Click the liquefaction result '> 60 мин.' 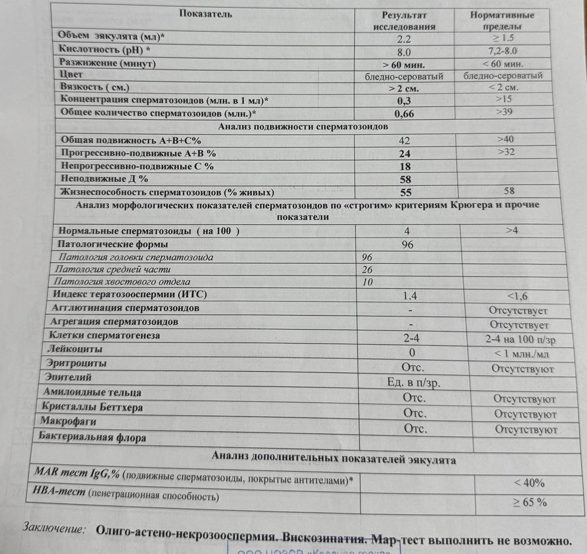[x=403, y=64]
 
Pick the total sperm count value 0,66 [x=404, y=114]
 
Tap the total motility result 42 [x=404, y=141]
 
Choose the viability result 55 [x=406, y=192]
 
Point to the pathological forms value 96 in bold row [x=407, y=244]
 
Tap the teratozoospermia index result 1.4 [x=409, y=295]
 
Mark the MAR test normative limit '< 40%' [x=529, y=484]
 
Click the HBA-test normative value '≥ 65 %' [x=530, y=502]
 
